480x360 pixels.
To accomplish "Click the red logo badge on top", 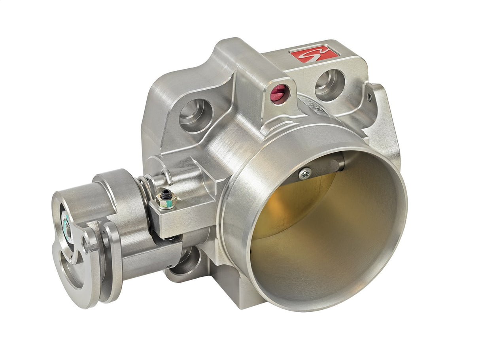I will [314, 54].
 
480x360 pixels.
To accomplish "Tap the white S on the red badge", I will [314, 54].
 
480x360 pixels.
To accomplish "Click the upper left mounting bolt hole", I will [195, 115].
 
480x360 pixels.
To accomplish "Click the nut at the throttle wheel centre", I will [67, 228].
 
